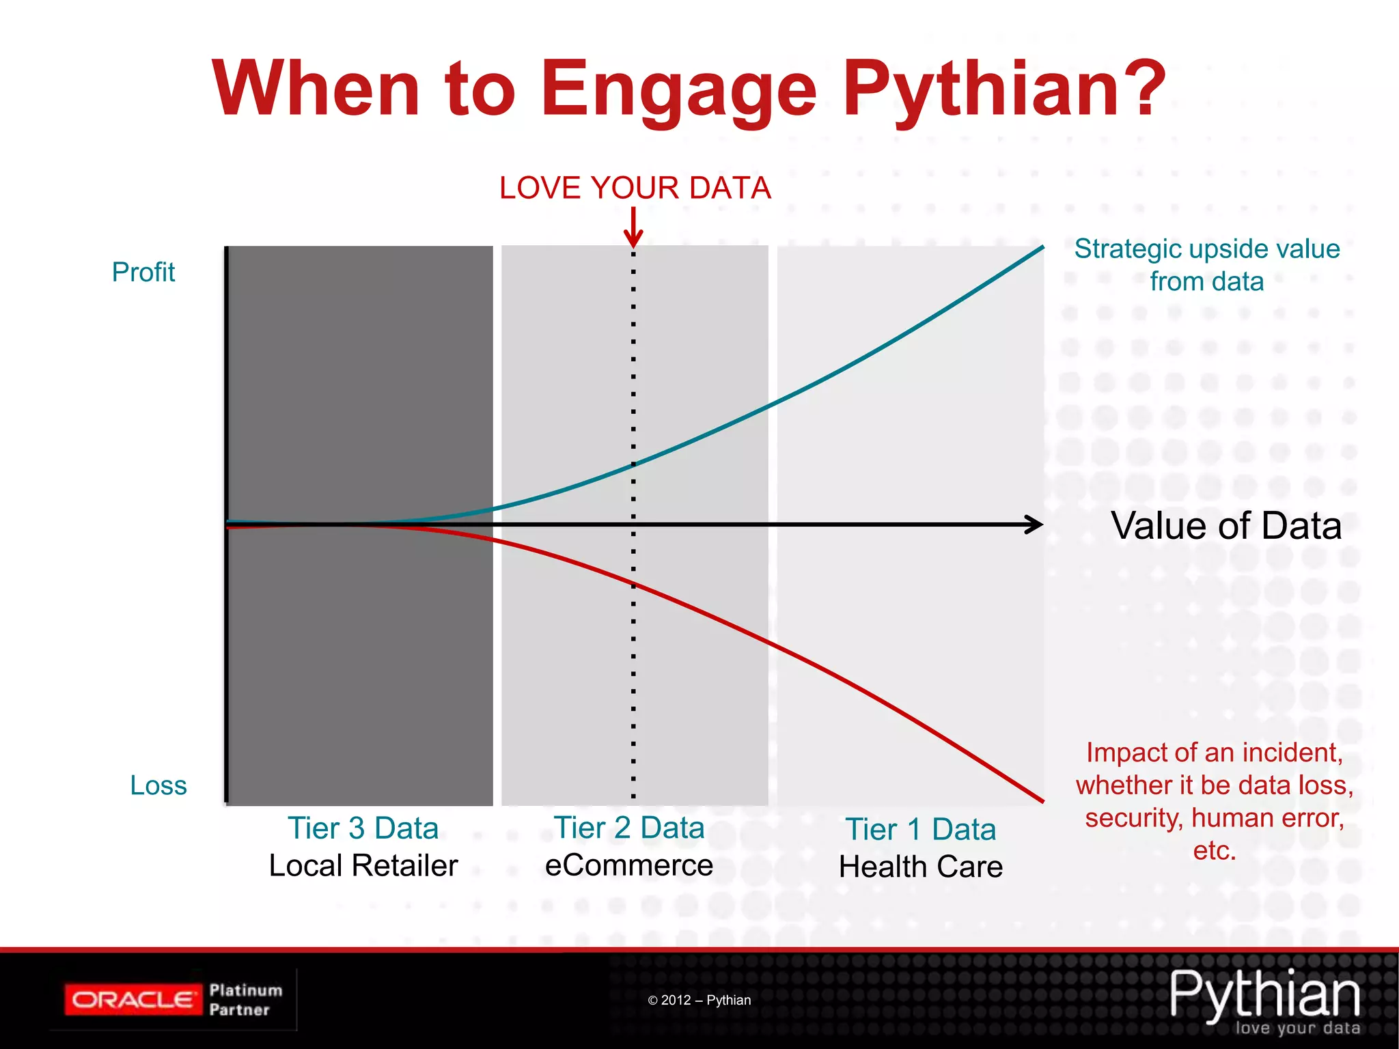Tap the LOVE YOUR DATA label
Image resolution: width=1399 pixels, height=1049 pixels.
(635, 188)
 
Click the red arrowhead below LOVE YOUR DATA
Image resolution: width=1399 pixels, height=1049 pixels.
(633, 239)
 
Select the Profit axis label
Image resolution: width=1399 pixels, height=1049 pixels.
(143, 272)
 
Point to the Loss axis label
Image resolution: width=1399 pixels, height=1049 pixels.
(158, 785)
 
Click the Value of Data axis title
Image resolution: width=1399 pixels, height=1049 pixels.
(1226, 526)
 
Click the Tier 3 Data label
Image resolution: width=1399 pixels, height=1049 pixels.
(363, 828)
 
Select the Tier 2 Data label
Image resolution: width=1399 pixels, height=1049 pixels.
(628, 828)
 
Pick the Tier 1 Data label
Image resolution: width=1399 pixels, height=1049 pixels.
(920, 830)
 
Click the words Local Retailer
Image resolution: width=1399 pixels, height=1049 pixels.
(363, 866)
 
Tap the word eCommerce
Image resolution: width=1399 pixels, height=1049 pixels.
(628, 865)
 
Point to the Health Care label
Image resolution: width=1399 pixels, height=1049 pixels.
(920, 867)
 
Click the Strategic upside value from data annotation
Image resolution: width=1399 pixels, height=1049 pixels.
(1206, 265)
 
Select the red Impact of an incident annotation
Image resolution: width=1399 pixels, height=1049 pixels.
(1214, 801)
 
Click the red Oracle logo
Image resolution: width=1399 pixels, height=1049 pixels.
(133, 1000)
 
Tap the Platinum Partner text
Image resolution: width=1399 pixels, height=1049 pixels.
(245, 1000)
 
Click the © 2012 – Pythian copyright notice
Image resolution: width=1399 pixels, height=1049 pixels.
(699, 1001)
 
